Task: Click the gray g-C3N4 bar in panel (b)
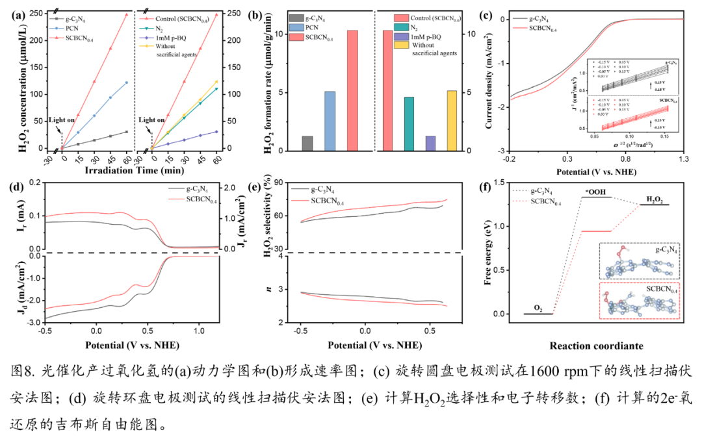[x=307, y=143]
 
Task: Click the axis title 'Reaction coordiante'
[x=596, y=346]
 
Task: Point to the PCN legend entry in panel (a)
[x=75, y=28]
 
